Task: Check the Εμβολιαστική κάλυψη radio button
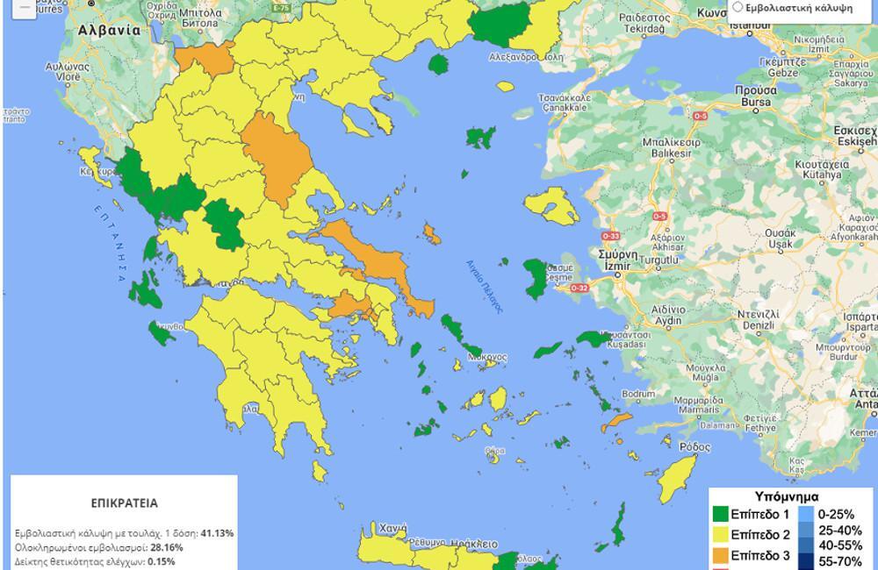(x=738, y=7)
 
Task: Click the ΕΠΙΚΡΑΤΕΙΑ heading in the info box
(x=124, y=504)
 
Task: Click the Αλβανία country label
(x=109, y=29)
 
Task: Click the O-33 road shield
(x=610, y=236)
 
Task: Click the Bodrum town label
(x=637, y=395)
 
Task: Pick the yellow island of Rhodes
(x=677, y=478)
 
